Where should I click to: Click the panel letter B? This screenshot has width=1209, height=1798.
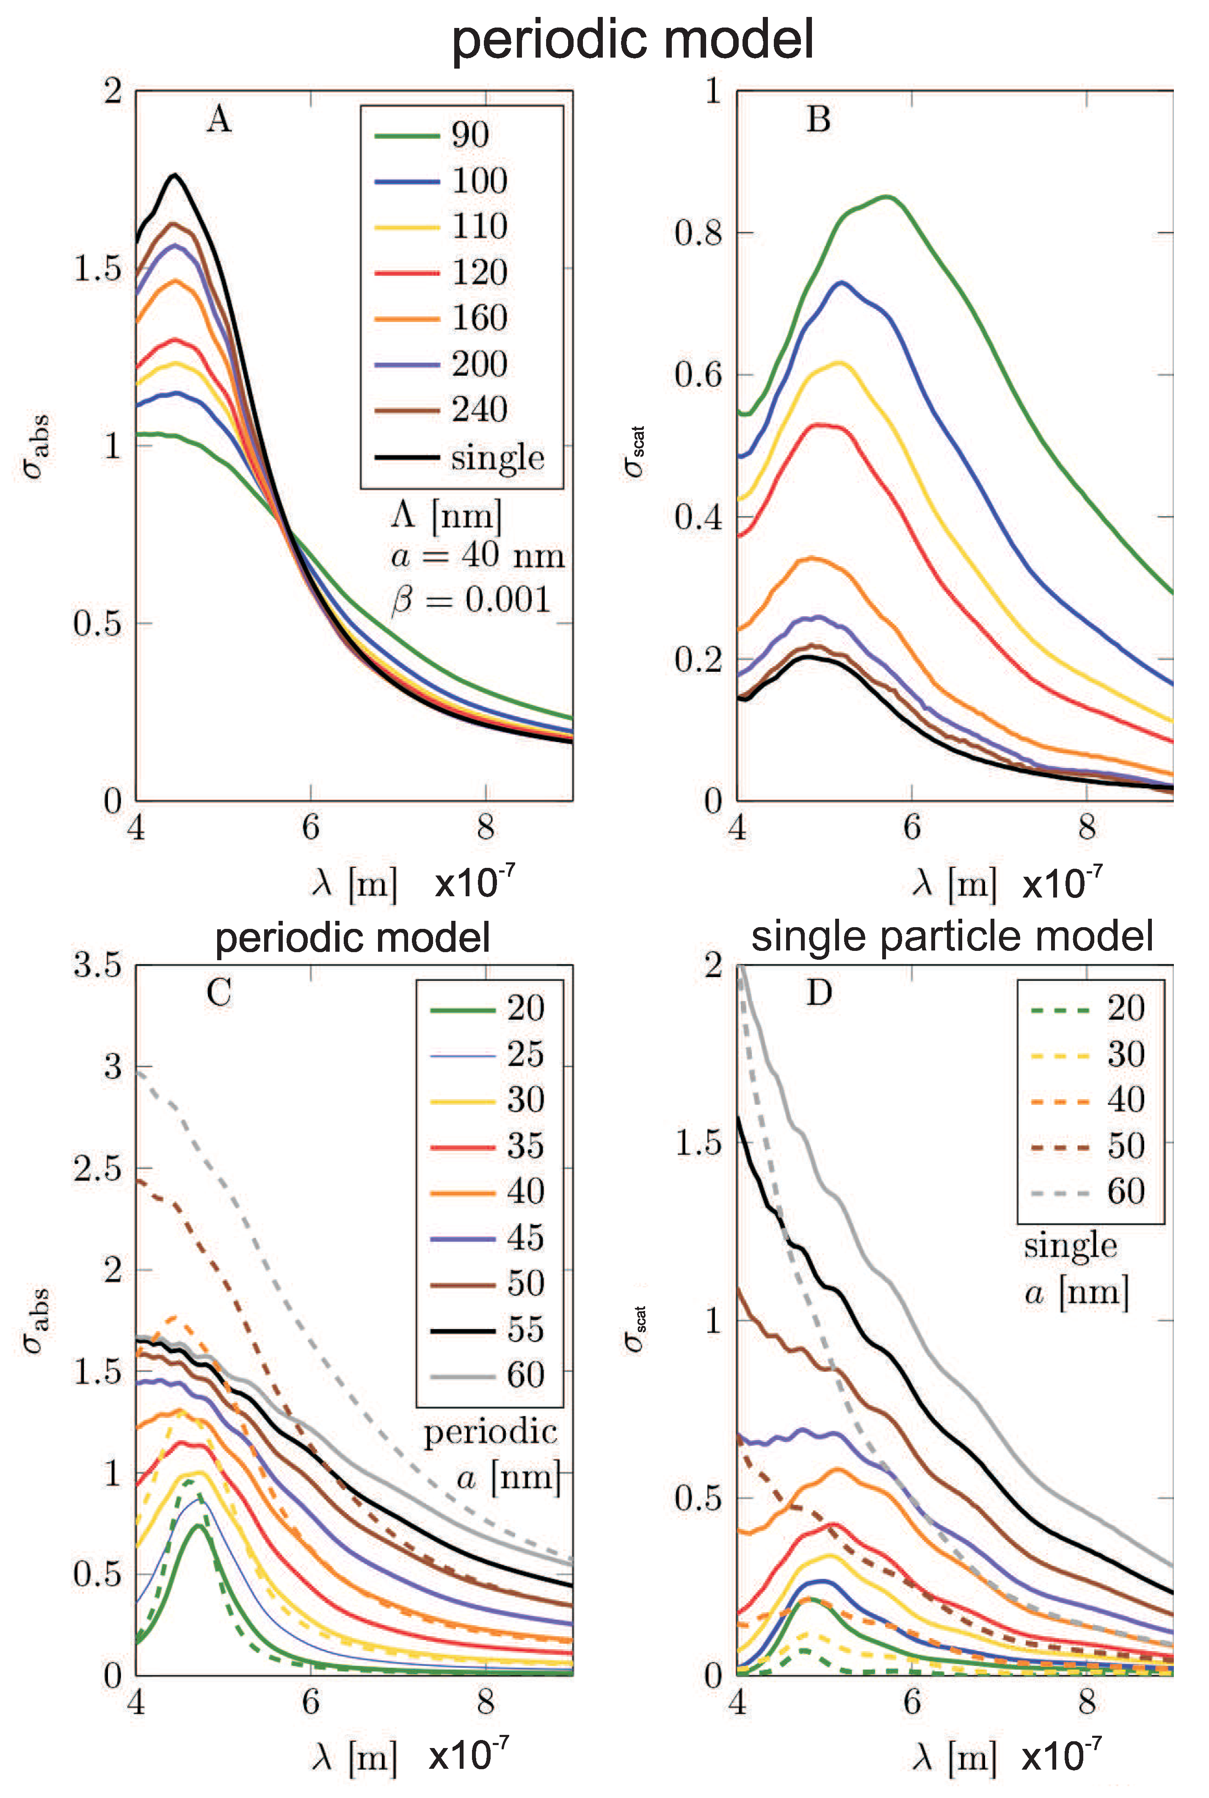pos(818,120)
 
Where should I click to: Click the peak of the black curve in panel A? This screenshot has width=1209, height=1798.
pos(175,175)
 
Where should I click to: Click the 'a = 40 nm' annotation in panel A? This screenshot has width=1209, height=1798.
pos(477,555)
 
